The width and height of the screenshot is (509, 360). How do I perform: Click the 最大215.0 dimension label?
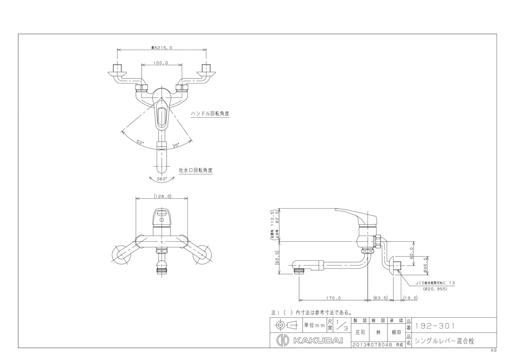tap(162, 48)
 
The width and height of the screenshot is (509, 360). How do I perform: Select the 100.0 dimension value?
tap(161, 63)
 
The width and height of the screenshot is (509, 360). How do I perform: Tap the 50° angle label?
tap(140, 142)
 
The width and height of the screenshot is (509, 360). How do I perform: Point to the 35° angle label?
tap(176, 145)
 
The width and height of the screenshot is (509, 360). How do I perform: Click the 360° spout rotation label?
tap(162, 179)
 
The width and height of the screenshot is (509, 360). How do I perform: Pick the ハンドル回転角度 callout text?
tap(210, 114)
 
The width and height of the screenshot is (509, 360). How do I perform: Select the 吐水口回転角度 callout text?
tap(195, 170)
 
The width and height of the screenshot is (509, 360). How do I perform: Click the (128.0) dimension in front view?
tap(162, 196)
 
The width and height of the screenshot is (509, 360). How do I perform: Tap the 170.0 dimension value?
tap(334, 298)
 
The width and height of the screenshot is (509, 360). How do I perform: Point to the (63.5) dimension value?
tap(380, 298)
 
